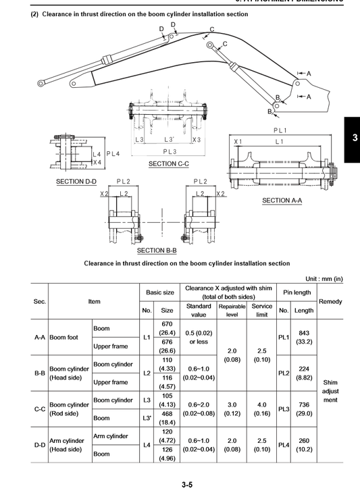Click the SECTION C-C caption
point(169,164)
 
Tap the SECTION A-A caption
point(282,201)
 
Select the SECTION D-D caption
point(76,182)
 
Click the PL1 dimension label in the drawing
point(280,130)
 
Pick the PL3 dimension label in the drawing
point(170,152)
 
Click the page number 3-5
point(187,484)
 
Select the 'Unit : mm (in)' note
point(324,279)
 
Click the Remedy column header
point(330,301)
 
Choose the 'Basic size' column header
point(160,292)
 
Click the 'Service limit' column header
point(262,310)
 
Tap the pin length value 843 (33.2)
point(304,337)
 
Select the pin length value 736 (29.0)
point(304,409)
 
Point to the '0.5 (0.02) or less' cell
point(199,337)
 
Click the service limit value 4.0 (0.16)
point(262,409)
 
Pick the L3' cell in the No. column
point(147,418)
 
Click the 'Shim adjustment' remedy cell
point(330,391)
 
